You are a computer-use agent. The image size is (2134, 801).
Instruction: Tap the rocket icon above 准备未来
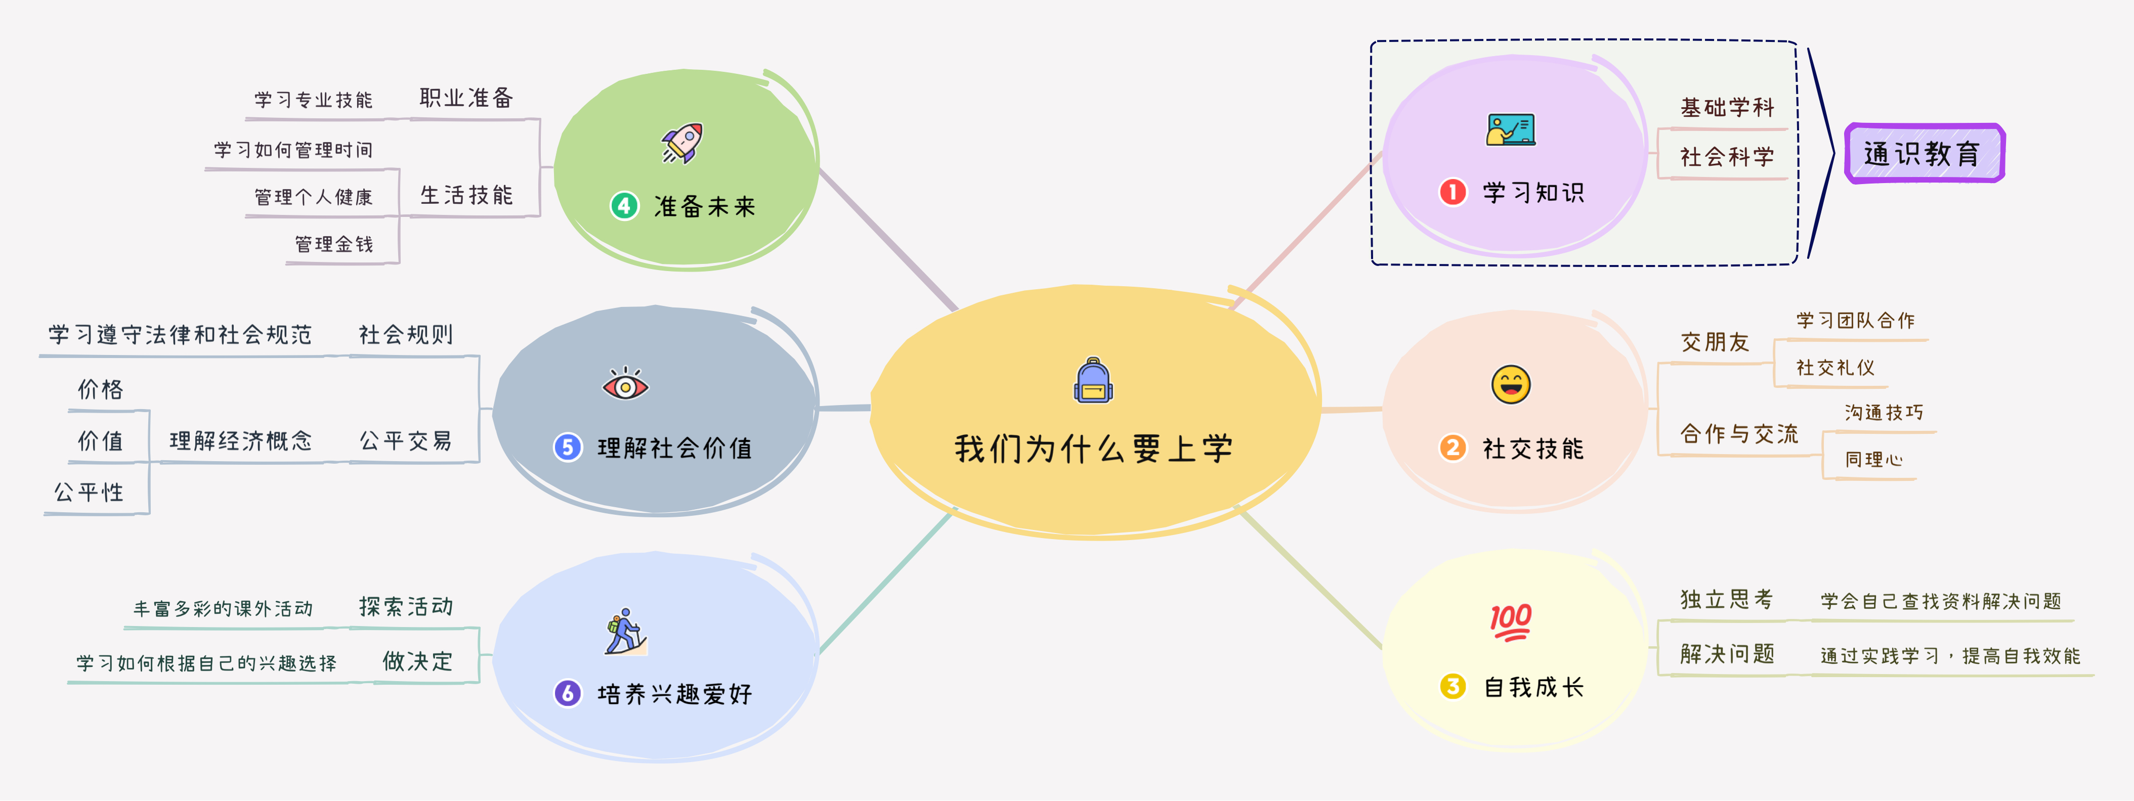pos(682,143)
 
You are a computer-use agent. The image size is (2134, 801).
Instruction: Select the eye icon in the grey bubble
pos(625,385)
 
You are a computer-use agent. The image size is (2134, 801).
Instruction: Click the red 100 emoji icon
pos(1510,622)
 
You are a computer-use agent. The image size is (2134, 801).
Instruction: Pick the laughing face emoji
pos(1511,384)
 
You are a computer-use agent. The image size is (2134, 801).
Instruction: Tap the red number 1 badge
pos(1452,192)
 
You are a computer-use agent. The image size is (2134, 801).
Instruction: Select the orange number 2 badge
pos(1452,448)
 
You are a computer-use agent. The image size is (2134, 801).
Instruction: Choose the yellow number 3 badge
pos(1452,687)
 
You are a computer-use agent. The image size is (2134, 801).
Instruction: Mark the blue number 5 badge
pos(568,448)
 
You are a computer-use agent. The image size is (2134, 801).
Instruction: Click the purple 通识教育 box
pos(1924,153)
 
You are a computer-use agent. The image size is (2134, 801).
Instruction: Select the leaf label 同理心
pos(1873,460)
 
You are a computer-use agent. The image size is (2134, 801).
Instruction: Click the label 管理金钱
pos(334,244)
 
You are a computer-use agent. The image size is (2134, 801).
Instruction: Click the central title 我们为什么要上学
pos(1093,449)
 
